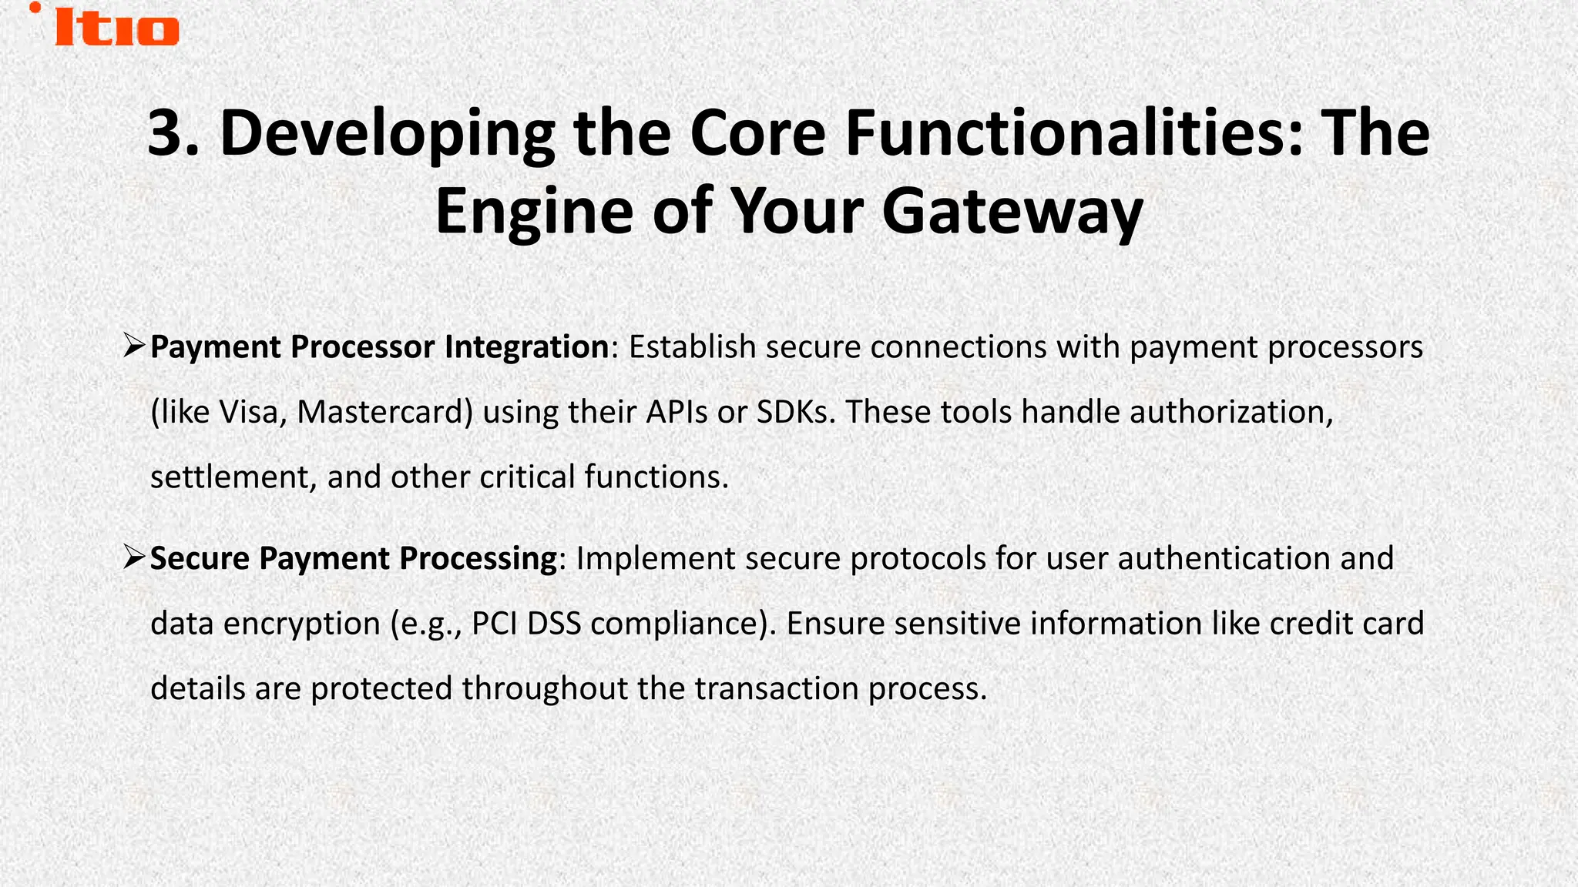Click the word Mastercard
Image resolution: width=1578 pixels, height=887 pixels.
384,413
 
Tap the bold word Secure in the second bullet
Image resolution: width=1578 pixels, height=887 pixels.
200,558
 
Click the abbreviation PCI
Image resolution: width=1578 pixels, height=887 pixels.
494,623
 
